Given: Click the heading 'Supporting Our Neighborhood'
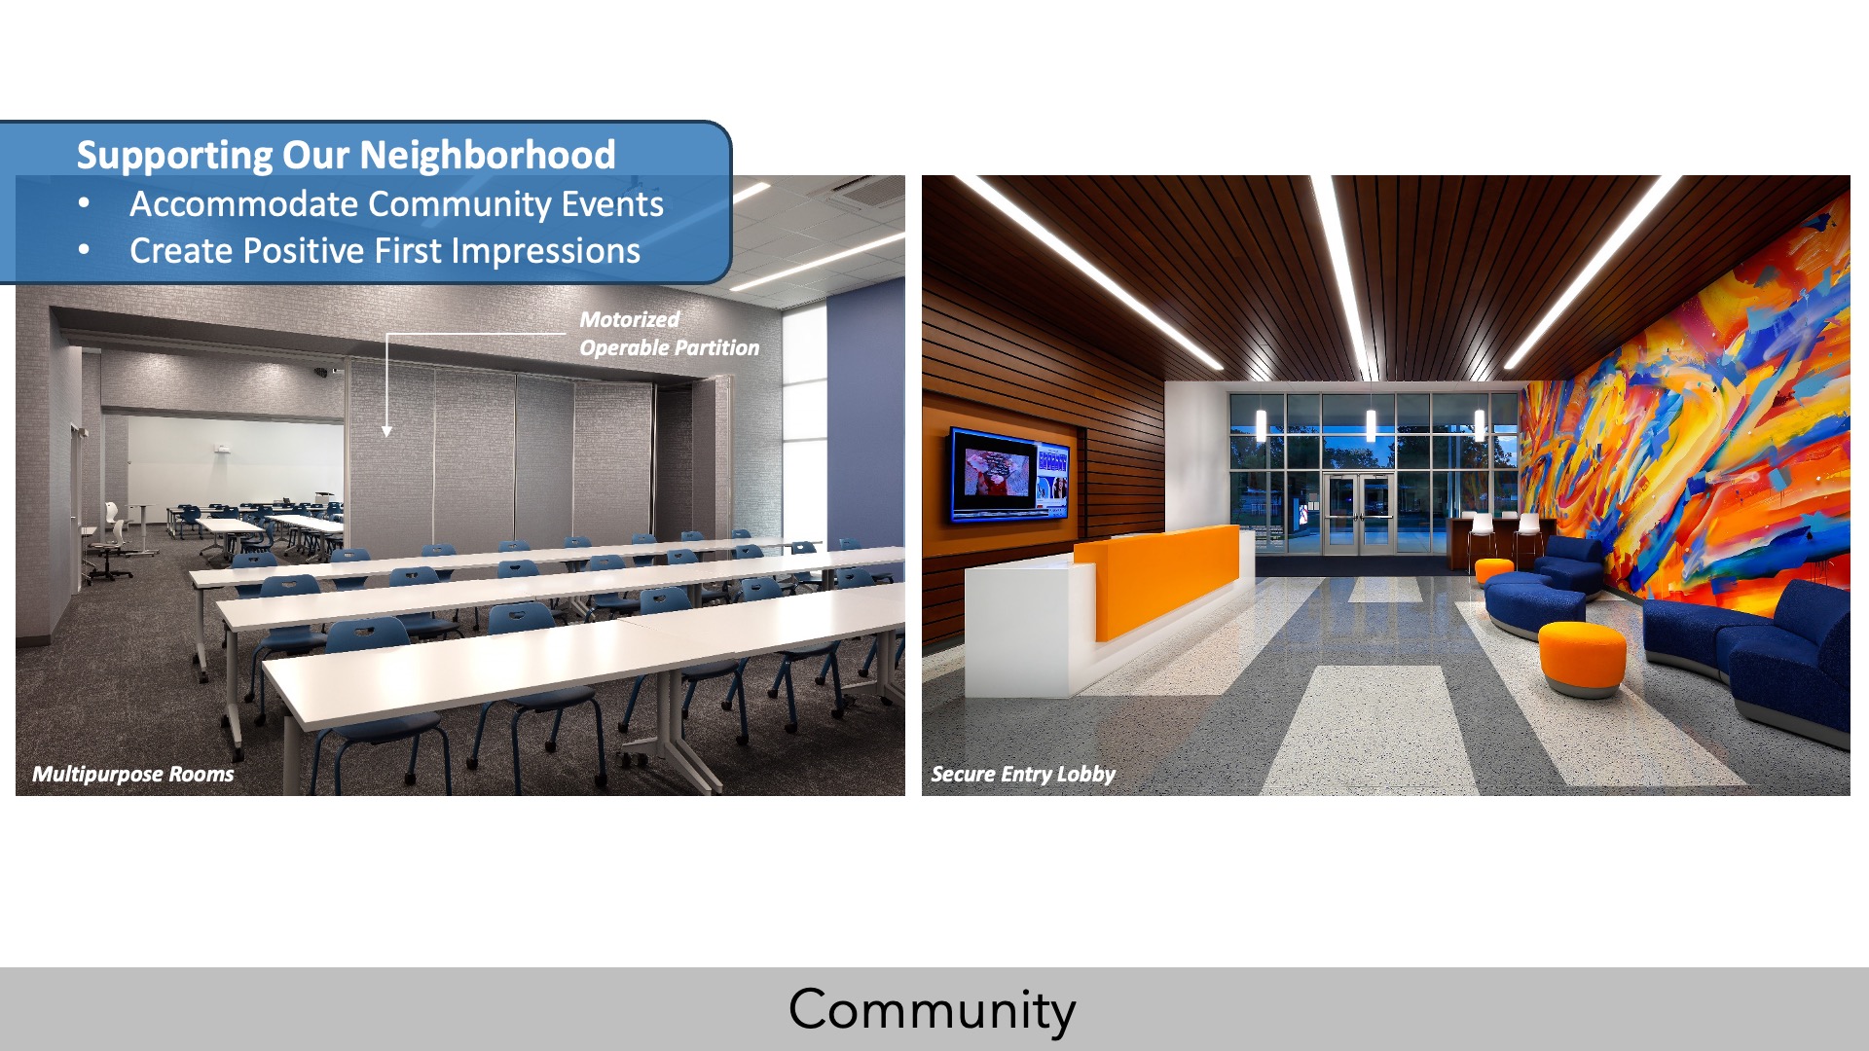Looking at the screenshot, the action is (346, 156).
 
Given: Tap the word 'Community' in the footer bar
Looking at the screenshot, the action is (933, 1010).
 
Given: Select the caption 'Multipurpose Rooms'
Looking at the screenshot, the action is (133, 775).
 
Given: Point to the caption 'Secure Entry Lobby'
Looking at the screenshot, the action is (1023, 775).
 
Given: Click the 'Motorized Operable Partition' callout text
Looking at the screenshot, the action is (669, 334).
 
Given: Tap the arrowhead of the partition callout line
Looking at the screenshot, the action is (386, 431).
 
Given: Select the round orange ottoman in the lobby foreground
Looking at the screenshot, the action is (1582, 658).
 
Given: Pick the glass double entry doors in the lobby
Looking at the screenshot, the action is (1360, 513).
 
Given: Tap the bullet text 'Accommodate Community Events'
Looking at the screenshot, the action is (396, 204).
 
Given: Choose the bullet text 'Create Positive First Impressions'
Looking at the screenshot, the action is (385, 251).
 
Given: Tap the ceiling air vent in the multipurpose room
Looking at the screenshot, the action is (870, 191).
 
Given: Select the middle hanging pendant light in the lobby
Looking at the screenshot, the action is (1371, 424).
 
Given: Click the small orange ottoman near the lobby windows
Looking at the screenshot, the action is (1494, 570).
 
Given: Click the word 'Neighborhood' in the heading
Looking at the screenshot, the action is (488, 156).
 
